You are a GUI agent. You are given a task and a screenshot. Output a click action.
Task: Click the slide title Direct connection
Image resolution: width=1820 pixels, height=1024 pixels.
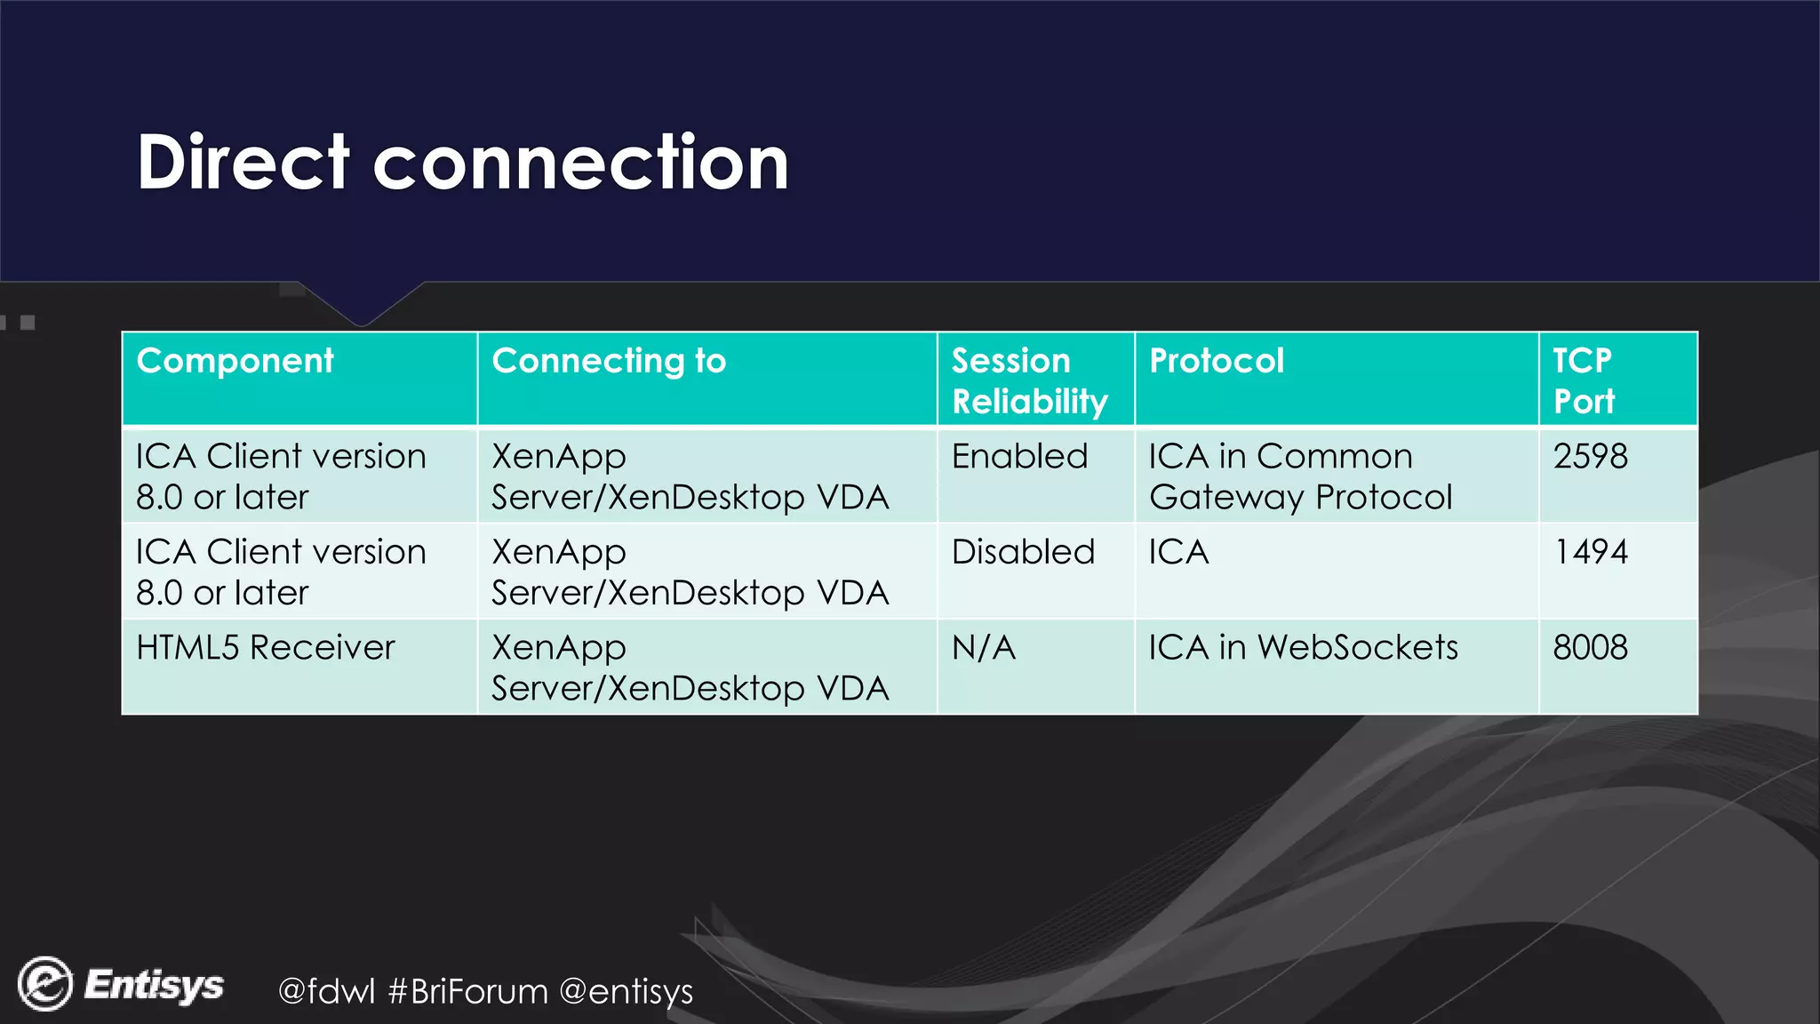pos(462,163)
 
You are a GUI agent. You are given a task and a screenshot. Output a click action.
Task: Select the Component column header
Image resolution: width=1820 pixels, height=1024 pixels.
pos(235,362)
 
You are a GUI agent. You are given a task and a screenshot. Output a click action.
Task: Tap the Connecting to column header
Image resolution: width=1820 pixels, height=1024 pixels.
pos(609,362)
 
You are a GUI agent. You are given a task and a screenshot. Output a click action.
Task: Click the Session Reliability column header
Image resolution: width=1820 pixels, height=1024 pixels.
pos(1029,381)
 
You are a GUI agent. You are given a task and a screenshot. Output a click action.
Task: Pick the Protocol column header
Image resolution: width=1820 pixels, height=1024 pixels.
pos(1216,362)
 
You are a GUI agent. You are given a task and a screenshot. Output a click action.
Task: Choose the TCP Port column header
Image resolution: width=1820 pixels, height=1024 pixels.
pos(1584,381)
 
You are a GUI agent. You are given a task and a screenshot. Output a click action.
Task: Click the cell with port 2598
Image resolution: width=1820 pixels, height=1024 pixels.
pos(1590,457)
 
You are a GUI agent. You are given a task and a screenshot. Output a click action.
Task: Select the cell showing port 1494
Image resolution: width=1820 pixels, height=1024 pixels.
pos(1590,553)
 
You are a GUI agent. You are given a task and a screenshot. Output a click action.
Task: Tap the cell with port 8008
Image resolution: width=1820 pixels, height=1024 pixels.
pos(1590,648)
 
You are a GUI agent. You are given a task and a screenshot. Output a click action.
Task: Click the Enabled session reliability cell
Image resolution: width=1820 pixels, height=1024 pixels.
pos(1019,457)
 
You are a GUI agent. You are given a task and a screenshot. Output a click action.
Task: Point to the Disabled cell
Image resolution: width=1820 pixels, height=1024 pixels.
pos(1023,553)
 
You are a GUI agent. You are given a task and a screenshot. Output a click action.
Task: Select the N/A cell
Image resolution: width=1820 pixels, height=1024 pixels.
pos(983,648)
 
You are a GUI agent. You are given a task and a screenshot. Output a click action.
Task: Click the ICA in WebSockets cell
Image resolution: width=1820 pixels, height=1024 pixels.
pos(1303,648)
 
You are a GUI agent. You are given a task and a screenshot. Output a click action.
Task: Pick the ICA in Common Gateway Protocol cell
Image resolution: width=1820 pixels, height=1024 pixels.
pos(1300,477)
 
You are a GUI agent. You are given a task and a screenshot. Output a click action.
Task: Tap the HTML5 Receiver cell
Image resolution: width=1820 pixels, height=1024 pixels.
pos(265,648)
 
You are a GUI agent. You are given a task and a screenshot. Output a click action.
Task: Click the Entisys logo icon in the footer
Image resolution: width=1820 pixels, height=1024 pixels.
pos(45,984)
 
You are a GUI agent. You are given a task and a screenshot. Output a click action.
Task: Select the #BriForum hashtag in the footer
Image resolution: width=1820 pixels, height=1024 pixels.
pos(468,991)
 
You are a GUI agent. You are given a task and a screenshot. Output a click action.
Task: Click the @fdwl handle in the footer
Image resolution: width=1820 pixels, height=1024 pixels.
pos(327,991)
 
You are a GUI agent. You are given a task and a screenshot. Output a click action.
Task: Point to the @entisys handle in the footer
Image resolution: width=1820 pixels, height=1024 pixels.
pos(627,991)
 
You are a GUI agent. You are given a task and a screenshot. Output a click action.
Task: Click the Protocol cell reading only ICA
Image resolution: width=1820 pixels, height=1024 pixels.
pos(1178,553)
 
